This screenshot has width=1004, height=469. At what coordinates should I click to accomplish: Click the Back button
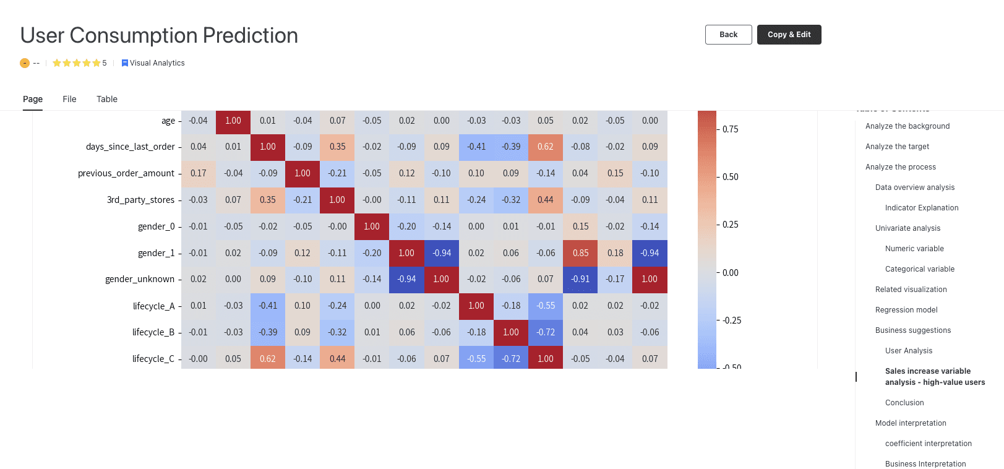coord(728,35)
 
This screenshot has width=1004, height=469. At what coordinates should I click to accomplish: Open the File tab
coord(69,99)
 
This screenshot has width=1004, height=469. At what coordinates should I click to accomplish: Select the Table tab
coord(106,99)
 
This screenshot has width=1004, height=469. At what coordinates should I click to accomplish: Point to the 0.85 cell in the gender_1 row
coord(580,253)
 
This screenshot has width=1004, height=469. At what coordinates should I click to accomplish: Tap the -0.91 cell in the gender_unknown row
coord(580,279)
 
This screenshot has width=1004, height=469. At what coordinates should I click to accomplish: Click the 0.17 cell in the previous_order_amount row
coord(198,173)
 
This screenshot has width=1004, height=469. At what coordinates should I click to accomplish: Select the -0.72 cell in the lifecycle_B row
coord(546,332)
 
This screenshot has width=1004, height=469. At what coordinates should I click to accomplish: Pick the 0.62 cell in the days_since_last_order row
coord(546,147)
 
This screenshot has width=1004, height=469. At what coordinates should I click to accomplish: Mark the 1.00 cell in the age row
coord(233,121)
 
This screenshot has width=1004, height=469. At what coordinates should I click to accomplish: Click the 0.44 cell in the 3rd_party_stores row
coord(546,199)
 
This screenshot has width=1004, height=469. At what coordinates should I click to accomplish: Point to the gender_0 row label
coord(157,226)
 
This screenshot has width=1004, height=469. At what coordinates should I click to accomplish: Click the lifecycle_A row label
coord(154,306)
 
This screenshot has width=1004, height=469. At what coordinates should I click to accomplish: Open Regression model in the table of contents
coord(906,310)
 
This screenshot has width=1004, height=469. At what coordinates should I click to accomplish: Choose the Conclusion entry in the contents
coord(904,403)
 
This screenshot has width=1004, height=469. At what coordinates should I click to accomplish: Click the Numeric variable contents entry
coord(914,248)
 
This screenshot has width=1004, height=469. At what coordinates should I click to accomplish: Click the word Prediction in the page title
coord(250,35)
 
